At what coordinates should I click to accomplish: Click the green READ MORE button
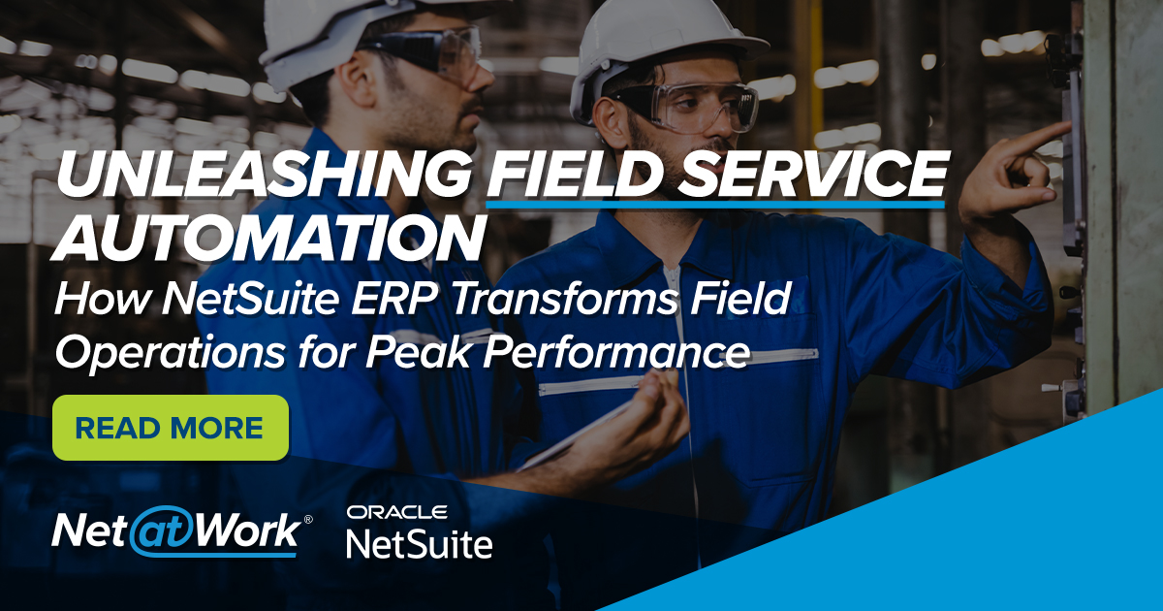click(x=171, y=428)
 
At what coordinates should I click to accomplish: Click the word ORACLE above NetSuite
click(x=396, y=512)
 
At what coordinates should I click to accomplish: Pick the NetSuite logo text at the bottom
click(x=419, y=544)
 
